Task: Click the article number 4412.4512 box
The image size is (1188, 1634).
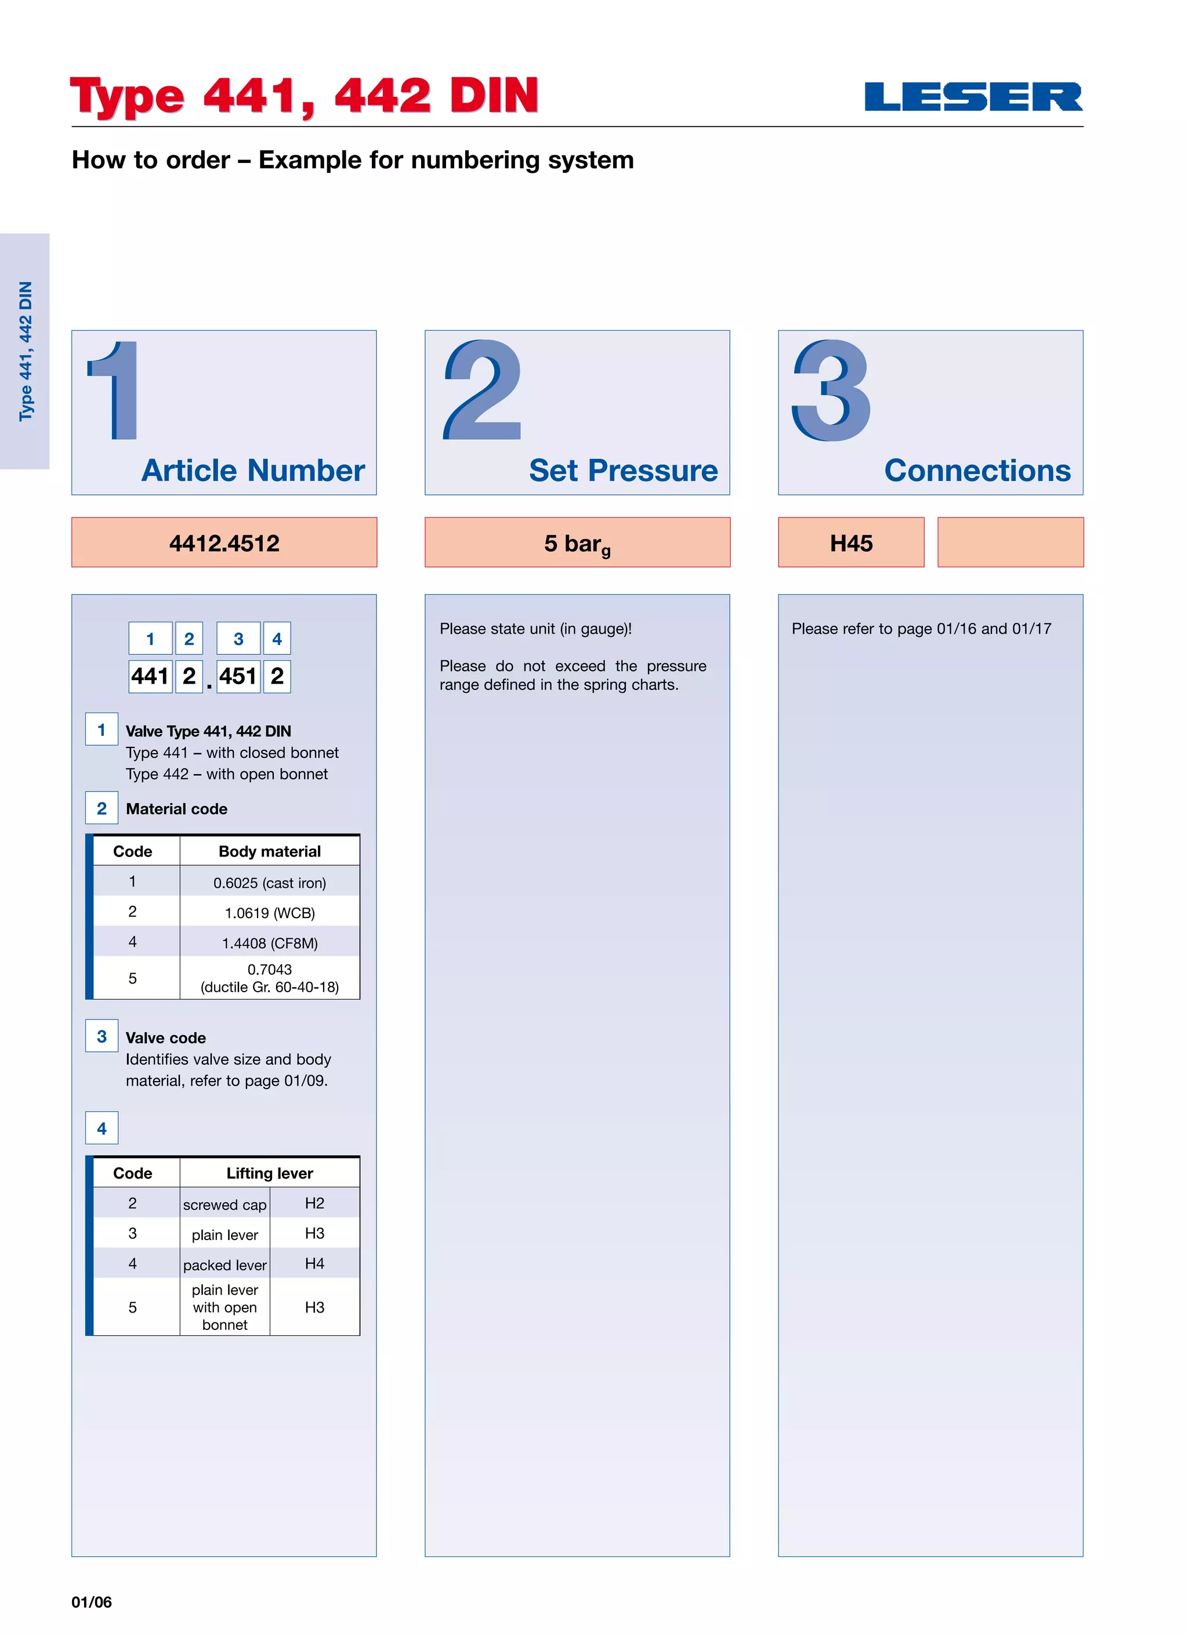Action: (x=224, y=543)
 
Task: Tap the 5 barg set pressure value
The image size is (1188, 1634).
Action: (x=577, y=543)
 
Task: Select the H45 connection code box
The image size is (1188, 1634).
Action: (x=851, y=543)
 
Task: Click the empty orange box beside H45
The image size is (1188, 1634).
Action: (x=1010, y=543)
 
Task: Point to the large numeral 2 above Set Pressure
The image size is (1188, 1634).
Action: (x=482, y=391)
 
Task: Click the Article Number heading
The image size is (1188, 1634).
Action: (x=253, y=471)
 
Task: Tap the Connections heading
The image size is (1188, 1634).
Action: (x=977, y=471)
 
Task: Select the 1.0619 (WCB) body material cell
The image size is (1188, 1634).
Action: (x=269, y=913)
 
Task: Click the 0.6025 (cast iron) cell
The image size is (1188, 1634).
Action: (x=269, y=883)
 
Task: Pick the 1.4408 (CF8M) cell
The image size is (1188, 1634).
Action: (x=269, y=943)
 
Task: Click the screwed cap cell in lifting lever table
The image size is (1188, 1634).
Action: (x=224, y=1205)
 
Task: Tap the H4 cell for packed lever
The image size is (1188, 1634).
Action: (x=314, y=1264)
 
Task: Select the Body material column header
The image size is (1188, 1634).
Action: (x=269, y=852)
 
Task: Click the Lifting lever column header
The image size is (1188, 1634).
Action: (x=269, y=1173)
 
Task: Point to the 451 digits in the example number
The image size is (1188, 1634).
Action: (x=238, y=677)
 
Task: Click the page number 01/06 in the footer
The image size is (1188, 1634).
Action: (x=92, y=1602)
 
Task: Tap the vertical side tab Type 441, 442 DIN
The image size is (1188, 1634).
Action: (x=25, y=351)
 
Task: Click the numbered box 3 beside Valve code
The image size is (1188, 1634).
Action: (x=102, y=1036)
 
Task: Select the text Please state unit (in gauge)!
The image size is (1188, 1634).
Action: (x=535, y=629)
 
